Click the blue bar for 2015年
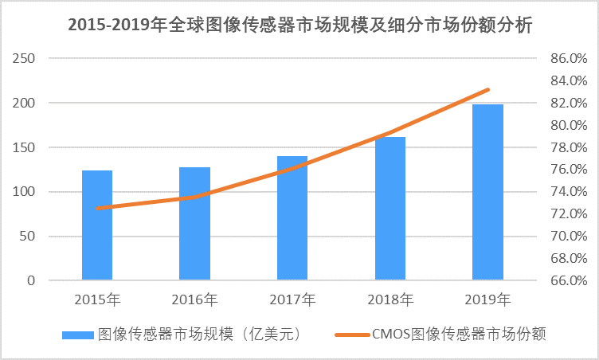click(x=96, y=225)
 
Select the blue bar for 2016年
click(x=194, y=224)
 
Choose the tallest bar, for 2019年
click(x=487, y=192)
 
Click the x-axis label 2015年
click(x=97, y=300)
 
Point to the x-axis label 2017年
click(x=292, y=300)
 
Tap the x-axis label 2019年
click(x=488, y=300)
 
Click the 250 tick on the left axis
click(x=25, y=59)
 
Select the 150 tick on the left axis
click(x=25, y=147)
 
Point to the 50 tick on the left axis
click(x=28, y=237)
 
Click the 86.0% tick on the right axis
click(x=569, y=59)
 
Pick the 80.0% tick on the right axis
click(x=569, y=126)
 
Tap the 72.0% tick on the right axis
click(x=569, y=214)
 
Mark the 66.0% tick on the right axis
click(x=569, y=280)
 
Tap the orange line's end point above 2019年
click(x=487, y=90)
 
